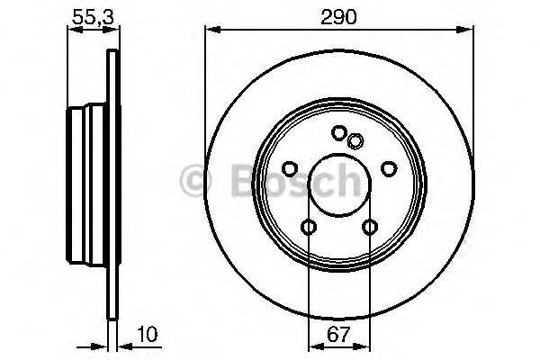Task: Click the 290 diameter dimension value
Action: (x=339, y=15)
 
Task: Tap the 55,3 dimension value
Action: (x=88, y=15)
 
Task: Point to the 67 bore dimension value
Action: (x=339, y=334)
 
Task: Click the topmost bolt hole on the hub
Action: (x=338, y=132)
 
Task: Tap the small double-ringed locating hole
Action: (x=355, y=139)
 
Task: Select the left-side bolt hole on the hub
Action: (x=290, y=168)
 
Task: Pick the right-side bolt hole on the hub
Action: (x=388, y=168)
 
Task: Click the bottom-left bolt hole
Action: (x=309, y=227)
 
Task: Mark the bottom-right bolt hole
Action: (x=369, y=227)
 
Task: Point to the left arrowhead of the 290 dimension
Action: (x=211, y=31)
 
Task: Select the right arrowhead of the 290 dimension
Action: (x=469, y=31)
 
